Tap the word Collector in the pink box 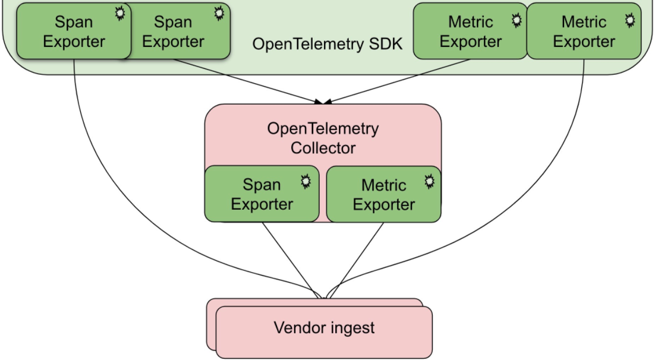(323, 148)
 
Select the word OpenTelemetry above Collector (323, 129)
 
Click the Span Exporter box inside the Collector (262, 194)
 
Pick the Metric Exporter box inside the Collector (384, 194)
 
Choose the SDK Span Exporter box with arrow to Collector (178, 31)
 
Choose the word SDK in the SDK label (383, 45)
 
